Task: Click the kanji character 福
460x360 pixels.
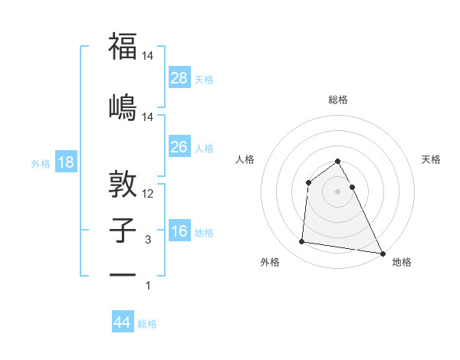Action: click(123, 47)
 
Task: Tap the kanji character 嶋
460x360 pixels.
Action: click(123, 106)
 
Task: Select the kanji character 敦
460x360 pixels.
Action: click(123, 184)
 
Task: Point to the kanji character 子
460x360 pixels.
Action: click(123, 229)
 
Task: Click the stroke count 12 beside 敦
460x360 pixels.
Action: click(149, 194)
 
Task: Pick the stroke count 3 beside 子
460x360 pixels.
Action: click(148, 240)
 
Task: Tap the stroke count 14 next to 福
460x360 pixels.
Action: click(149, 56)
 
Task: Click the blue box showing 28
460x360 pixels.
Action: click(179, 77)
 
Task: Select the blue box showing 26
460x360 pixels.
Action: click(179, 146)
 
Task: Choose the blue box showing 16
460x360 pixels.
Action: click(179, 231)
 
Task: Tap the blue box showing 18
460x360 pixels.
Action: click(65, 162)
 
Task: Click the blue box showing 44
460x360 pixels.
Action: click(122, 322)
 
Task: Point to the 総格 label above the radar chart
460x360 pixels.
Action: click(338, 100)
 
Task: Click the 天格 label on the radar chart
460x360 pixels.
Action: click(432, 159)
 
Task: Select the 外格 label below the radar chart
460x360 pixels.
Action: click(270, 262)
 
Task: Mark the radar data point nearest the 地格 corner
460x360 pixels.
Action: click(383, 254)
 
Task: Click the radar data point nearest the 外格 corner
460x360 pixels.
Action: click(302, 242)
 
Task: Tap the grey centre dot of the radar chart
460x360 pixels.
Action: click(338, 191)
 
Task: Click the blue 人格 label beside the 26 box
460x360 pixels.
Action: click(204, 148)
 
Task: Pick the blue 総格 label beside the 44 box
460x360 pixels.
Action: click(147, 324)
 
